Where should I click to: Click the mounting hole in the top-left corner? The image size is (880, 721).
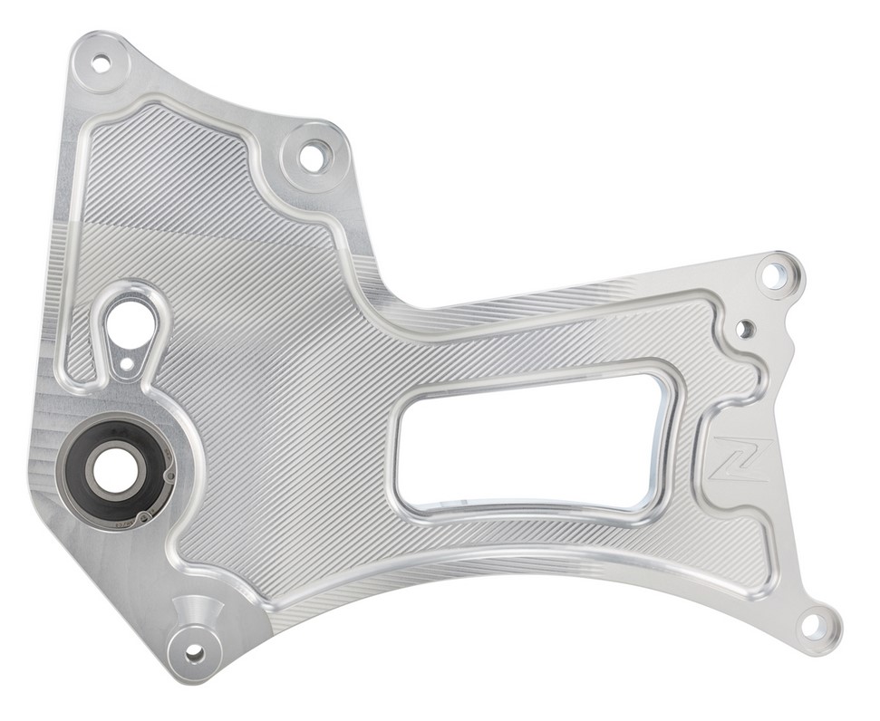(101, 63)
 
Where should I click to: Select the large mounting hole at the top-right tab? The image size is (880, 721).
(775, 275)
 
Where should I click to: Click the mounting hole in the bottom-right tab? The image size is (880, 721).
(813, 624)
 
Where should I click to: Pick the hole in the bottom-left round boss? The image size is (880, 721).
(195, 651)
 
